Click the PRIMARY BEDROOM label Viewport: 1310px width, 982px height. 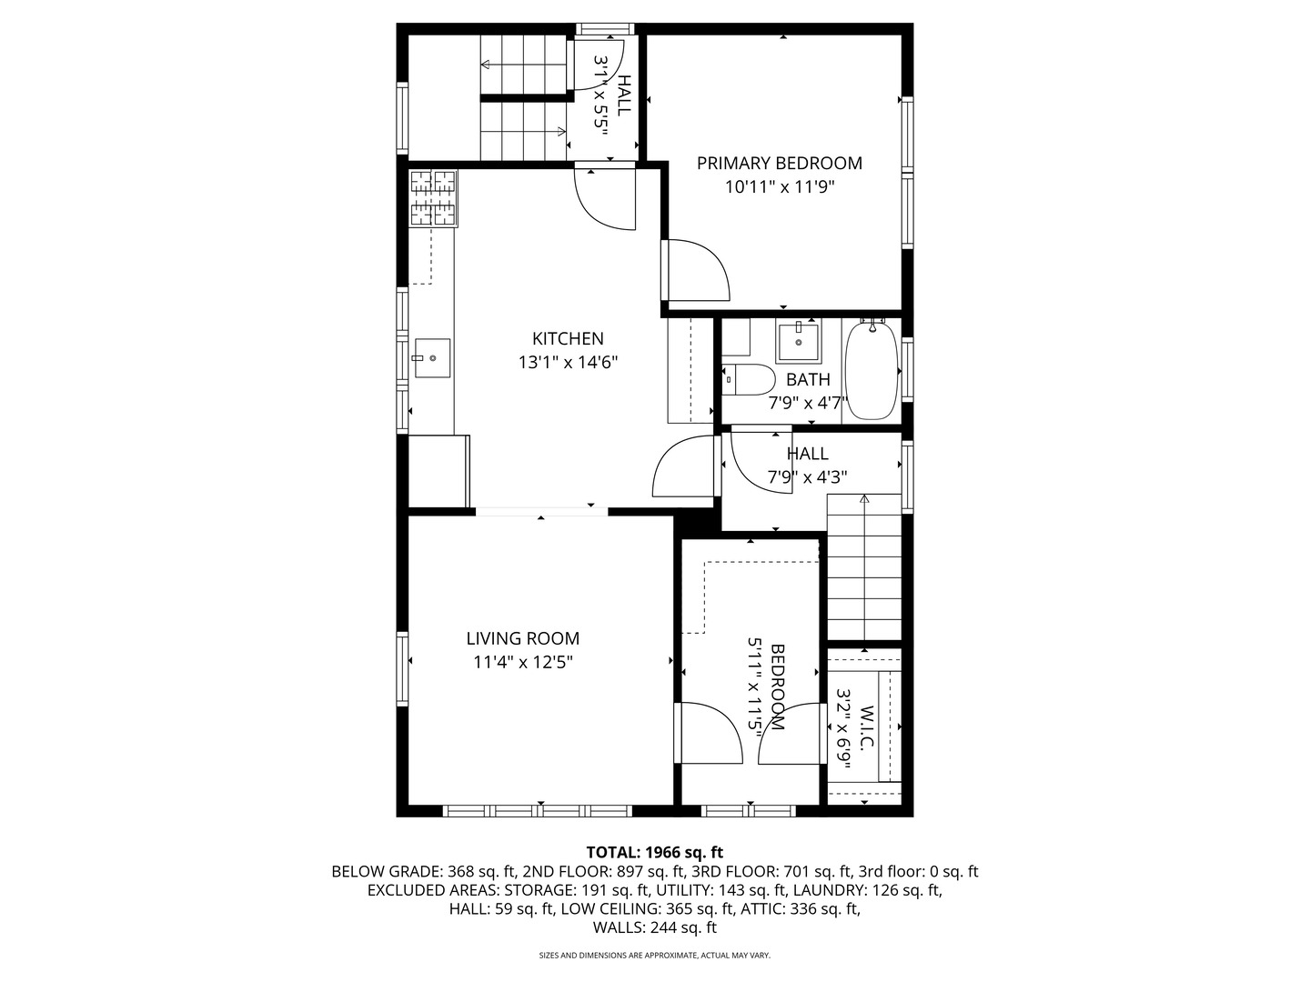(x=779, y=163)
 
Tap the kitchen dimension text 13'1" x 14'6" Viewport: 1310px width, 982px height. (x=568, y=363)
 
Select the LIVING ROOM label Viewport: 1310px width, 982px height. (x=523, y=638)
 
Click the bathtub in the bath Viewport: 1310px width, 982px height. (x=872, y=370)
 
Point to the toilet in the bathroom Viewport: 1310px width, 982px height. (x=748, y=380)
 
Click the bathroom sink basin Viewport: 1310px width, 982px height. (x=798, y=341)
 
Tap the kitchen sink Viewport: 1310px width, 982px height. (x=432, y=357)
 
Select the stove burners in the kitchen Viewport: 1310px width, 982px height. (x=433, y=197)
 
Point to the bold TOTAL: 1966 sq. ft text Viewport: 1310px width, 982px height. (x=655, y=852)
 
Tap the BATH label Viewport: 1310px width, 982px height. (x=808, y=379)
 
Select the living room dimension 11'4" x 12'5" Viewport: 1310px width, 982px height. (x=523, y=663)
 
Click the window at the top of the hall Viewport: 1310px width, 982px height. (x=605, y=28)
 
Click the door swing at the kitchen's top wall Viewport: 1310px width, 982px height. (x=605, y=199)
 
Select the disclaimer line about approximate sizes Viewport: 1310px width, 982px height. (x=655, y=956)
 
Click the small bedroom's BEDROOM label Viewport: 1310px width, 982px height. (x=778, y=686)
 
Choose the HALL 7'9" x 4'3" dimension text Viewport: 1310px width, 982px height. (x=808, y=477)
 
